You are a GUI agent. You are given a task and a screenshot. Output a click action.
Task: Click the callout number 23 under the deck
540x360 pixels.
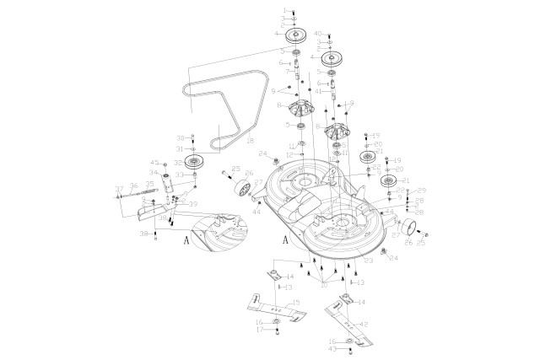coord(358,261)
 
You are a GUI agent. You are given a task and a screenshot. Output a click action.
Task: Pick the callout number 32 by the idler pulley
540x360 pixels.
coord(178,163)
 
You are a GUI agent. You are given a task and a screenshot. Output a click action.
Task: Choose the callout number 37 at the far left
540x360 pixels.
coord(119,188)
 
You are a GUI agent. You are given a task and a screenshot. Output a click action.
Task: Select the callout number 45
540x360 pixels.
coord(154,163)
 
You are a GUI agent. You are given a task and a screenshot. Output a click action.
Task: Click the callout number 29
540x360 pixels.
coord(423,191)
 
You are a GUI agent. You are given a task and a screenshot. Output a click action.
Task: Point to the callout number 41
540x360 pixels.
coord(318,91)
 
